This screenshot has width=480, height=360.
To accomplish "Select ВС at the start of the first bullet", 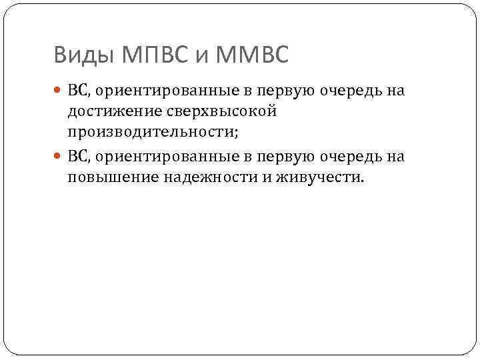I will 76,90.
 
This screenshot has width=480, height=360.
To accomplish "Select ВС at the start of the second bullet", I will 76,156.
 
